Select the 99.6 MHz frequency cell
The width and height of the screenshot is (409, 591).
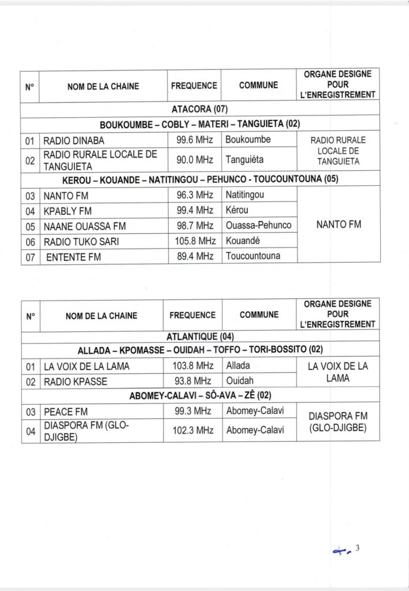(194, 140)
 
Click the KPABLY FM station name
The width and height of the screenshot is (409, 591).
(68, 211)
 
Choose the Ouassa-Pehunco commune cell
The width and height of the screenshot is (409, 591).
(258, 226)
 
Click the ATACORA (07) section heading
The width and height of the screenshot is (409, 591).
(200, 109)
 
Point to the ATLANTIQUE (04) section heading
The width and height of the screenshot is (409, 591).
(200, 336)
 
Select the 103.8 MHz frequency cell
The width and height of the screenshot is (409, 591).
(193, 366)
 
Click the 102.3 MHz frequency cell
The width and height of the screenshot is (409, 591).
(193, 430)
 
